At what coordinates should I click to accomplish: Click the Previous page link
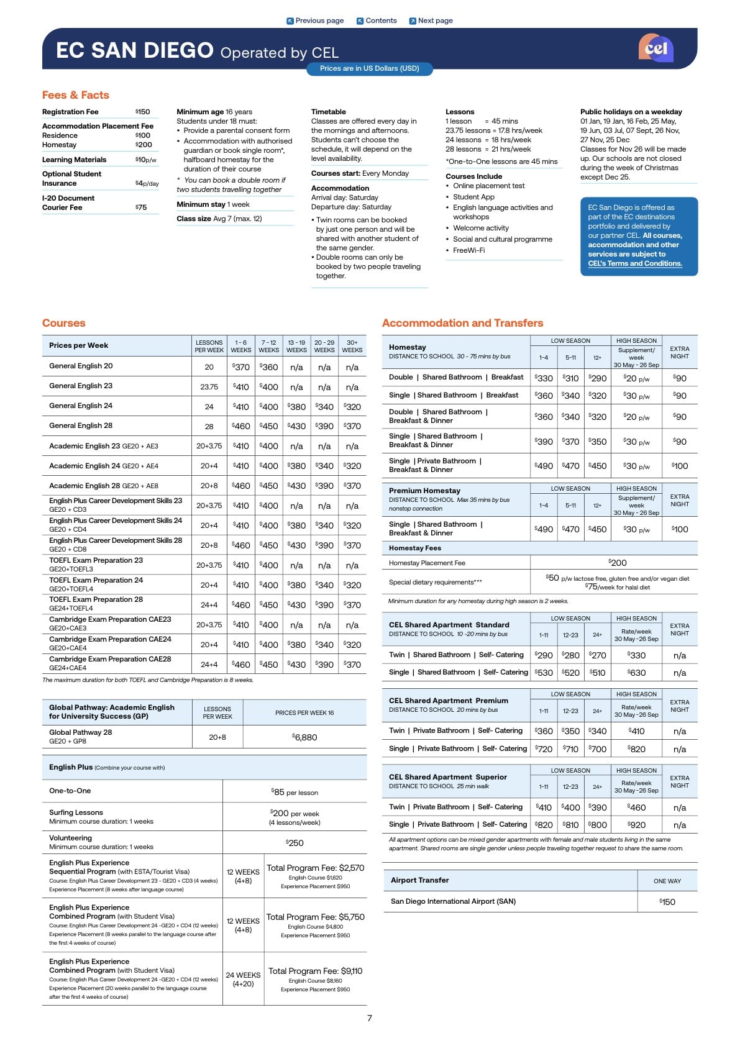coord(315,20)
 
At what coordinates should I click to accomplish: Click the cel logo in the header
coord(655,48)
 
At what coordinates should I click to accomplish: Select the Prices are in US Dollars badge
coord(369,68)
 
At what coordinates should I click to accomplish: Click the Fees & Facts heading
coord(76,95)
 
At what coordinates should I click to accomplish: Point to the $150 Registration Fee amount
coord(143,112)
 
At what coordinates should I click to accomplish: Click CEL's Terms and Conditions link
coord(634,263)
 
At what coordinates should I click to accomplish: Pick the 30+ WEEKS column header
coord(352,346)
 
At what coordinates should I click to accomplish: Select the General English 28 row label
coord(81,425)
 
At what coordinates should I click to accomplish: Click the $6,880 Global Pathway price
coord(304,737)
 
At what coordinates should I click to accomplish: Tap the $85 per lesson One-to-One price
coord(295,792)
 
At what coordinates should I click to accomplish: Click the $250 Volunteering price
coord(295,843)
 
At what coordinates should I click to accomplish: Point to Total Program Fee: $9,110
coord(315,971)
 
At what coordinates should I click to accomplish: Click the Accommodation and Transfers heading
coord(462,323)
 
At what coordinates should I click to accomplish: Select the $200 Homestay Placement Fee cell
coord(618,563)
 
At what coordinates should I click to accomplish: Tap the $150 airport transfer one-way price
coord(667,902)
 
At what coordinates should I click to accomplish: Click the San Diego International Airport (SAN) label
coord(453,901)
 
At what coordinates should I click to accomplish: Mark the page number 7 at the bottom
coord(370,1018)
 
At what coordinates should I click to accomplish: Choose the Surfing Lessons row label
coord(76,812)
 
